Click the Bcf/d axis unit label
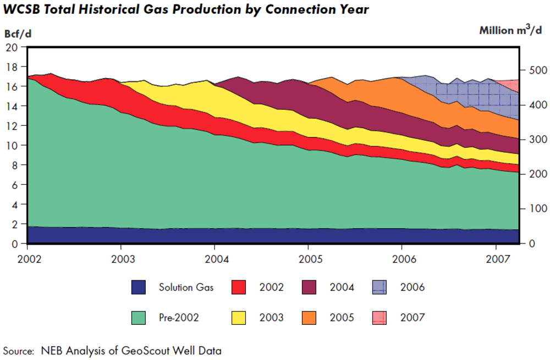(18, 34)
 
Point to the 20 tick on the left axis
(13, 47)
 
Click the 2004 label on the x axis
(216, 258)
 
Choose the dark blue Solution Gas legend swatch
(139, 287)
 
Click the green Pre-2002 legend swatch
(139, 317)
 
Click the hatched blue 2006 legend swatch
(381, 287)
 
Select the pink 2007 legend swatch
(381, 317)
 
